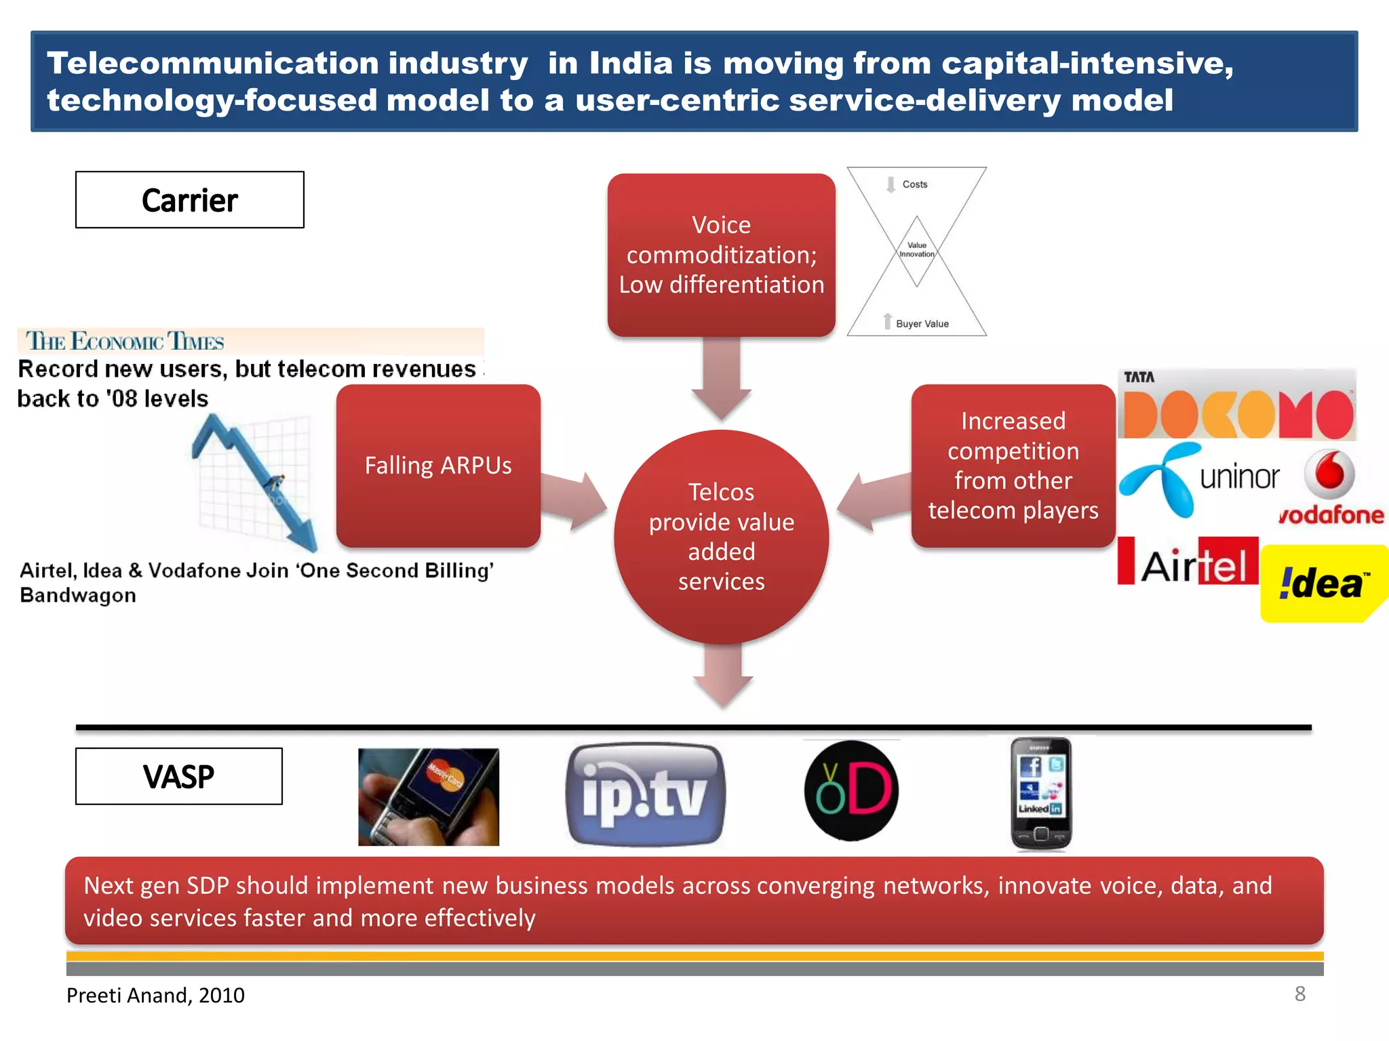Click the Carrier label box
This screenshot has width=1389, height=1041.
190,200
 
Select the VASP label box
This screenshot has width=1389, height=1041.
179,777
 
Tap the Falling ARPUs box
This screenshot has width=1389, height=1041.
438,466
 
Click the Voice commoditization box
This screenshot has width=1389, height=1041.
721,255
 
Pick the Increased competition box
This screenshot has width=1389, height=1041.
1013,466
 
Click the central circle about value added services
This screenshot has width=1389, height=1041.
721,537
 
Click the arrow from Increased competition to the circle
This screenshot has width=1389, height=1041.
872,500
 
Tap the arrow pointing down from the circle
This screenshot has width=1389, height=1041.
722,675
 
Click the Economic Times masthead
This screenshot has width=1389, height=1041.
125,341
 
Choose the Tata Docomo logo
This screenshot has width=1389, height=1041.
1237,405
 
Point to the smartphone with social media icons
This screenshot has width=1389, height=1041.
1041,794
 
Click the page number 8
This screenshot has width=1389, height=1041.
1299,994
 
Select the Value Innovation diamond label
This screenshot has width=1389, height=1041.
917,250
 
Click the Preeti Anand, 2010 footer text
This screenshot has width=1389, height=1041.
155,996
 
